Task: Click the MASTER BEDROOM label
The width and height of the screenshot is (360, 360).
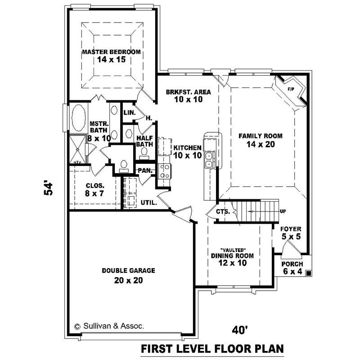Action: (111, 52)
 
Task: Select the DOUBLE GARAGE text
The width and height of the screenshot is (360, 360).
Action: (128, 270)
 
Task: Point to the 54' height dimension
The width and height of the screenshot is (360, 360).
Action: (49, 188)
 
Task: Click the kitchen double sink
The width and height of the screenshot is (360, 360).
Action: (209, 160)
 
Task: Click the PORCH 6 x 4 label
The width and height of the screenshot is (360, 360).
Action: (292, 268)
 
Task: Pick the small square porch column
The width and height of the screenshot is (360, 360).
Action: (308, 273)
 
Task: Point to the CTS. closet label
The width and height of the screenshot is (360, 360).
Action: (224, 211)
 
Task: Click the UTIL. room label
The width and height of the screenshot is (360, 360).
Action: (148, 203)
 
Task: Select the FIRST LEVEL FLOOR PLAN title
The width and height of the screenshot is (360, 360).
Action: (211, 348)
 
